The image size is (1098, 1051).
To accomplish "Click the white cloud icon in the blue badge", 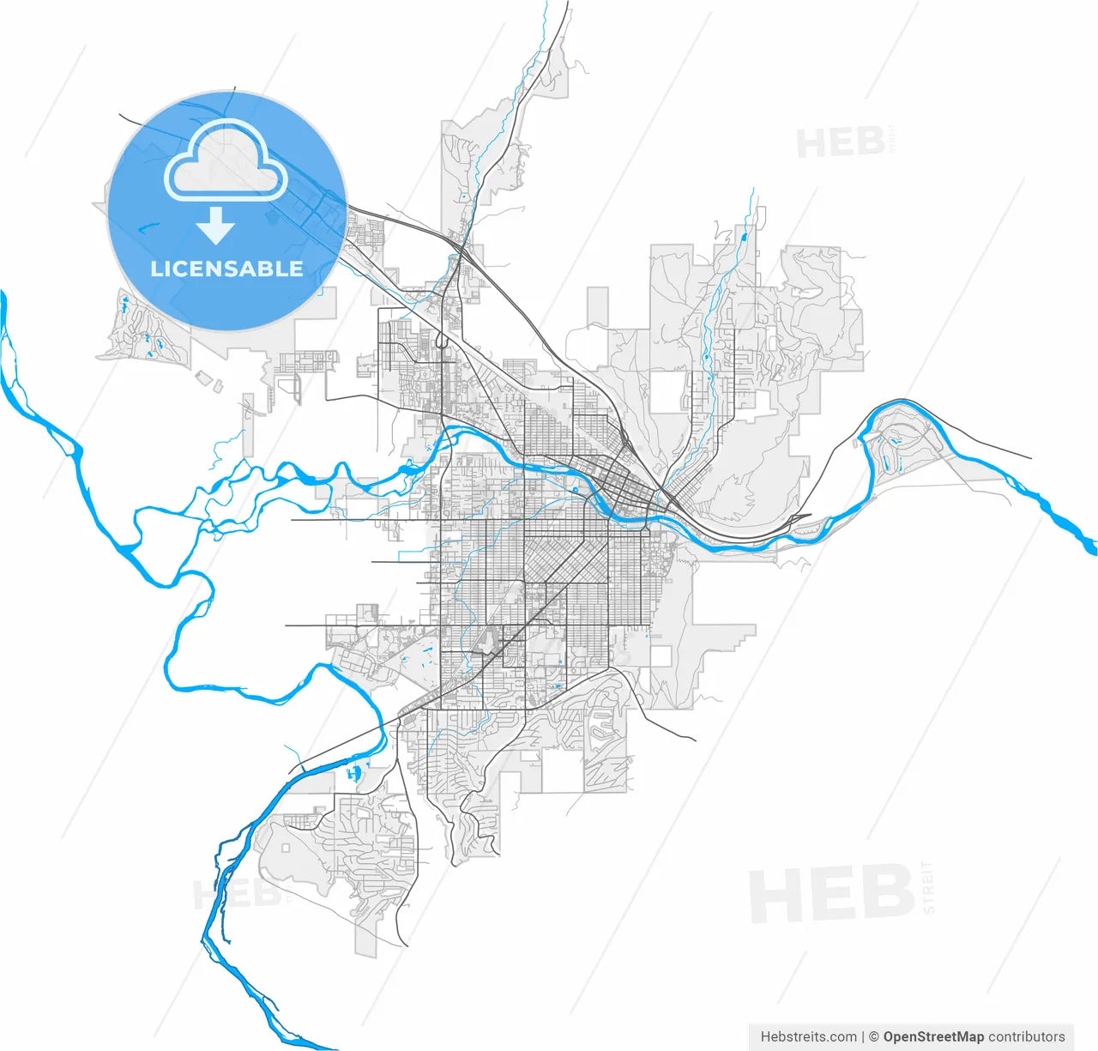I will coord(226,160).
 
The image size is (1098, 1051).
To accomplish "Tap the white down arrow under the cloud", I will coord(215,225).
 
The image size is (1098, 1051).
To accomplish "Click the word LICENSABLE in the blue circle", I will coord(226,269).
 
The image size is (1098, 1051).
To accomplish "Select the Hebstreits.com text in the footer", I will coord(808,1036).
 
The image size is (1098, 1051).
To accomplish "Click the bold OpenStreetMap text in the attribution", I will coord(933,1036).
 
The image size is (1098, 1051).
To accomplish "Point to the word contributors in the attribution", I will coord(1027,1036).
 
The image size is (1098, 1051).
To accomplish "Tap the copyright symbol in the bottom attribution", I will coord(873,1036).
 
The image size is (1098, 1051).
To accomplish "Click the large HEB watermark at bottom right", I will coord(830,894).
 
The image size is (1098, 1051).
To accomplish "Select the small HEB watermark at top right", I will coord(840,142).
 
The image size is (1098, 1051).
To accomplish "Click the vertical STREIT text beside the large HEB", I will coord(927,887).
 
